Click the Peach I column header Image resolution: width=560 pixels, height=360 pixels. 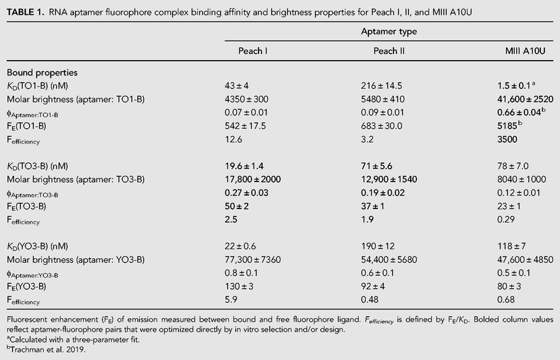click(252, 51)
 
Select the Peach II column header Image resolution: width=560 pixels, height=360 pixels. click(389, 51)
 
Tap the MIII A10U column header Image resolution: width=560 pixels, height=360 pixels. click(525, 51)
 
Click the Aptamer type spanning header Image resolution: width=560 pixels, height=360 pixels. click(389, 32)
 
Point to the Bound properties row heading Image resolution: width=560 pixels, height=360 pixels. click(42, 73)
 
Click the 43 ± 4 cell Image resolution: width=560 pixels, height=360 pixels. click(236, 86)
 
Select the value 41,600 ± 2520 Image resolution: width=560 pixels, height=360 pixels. click(525, 99)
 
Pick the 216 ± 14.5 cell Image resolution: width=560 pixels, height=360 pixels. click(381, 86)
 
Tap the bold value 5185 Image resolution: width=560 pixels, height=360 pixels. click(507, 126)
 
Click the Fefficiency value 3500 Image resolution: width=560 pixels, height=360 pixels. click(507, 139)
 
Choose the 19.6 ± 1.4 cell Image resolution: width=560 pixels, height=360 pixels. click(244, 167)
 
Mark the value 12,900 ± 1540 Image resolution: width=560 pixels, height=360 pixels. click(389, 179)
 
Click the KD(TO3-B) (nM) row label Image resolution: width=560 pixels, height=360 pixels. click(37, 167)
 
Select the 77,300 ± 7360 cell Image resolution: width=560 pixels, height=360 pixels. click(252, 260)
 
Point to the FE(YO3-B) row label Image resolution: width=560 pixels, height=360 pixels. click(26, 287)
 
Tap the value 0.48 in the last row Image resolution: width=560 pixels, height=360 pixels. click(369, 299)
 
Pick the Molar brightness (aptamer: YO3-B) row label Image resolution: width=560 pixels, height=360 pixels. click(76, 260)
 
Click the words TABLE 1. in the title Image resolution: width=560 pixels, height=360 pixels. click(26, 13)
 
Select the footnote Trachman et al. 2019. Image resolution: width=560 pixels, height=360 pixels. click(48, 350)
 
